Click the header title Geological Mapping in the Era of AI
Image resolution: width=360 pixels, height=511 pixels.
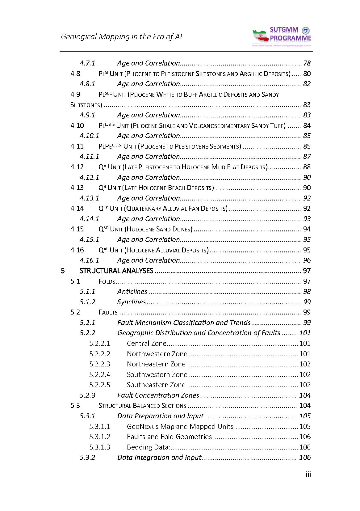pos(121,37)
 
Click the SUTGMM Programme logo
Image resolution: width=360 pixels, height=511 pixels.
pos(282,36)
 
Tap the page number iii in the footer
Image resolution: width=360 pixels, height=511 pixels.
pos(308,475)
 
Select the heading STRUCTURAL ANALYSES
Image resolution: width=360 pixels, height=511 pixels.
pos(116,271)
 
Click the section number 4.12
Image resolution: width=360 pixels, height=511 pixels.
pos(77,167)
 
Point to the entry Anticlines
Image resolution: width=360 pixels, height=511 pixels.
pos(132,292)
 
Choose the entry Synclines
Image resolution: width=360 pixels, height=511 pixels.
pos(131,302)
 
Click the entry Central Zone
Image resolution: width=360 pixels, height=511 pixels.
pos(146,343)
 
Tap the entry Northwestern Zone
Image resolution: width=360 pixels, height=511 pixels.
pos(157,354)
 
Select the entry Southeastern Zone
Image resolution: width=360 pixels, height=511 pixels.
pos(156,385)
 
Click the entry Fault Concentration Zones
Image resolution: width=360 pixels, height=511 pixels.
pos(158,395)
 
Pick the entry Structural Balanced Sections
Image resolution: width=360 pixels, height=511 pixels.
pos(142,406)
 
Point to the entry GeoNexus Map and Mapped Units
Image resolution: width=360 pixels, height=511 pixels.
pos(180,426)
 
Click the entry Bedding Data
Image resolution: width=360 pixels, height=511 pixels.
pos(148,447)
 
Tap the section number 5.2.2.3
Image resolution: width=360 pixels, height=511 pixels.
pos(99,364)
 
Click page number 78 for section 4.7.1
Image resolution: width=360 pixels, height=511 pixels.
pos(307,63)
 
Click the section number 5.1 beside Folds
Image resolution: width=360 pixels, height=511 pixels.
pos(75,281)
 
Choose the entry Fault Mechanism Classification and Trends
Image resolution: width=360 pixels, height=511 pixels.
pos(184,323)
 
